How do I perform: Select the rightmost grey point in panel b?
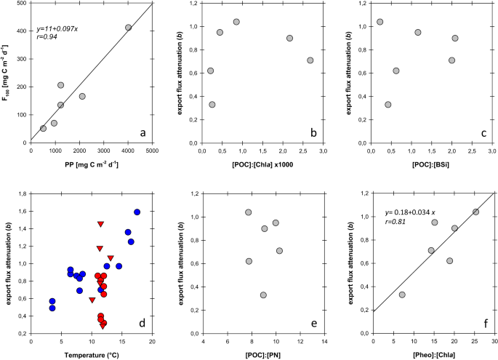310,60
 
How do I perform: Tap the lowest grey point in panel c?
388,105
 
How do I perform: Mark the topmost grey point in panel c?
379,22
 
